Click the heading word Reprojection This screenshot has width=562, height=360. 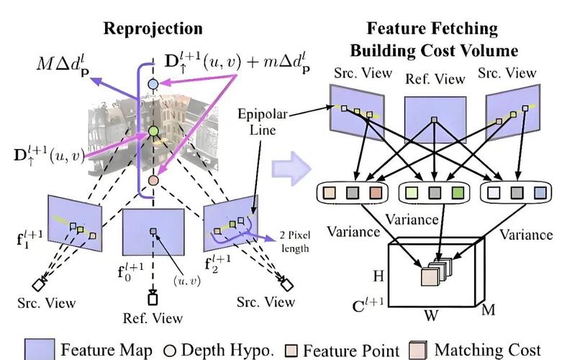pos(153,29)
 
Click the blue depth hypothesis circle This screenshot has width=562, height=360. pos(153,84)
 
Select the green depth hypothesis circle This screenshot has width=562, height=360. pos(153,131)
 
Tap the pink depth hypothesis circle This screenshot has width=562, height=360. pos(153,180)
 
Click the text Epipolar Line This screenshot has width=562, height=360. pos(263,122)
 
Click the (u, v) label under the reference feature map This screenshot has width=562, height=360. pos(187,280)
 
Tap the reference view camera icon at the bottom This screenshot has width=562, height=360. pos(153,298)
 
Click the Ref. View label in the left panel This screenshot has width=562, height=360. pos(153,318)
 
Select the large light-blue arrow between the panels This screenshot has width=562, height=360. pos(291,169)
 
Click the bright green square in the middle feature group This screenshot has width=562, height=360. pos(457,193)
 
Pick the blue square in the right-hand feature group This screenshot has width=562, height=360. pos(540,193)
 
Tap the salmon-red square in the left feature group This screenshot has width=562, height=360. pos(376,193)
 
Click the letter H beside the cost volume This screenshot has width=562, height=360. pos(379,276)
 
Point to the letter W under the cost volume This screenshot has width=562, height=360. pos(431,315)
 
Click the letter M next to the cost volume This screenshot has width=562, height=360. pos(489,309)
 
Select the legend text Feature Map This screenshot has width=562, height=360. pos(106,350)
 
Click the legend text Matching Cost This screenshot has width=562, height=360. pos(487,350)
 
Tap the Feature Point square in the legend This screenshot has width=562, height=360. pos(291,351)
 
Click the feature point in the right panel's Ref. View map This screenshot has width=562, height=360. pos(434,120)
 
